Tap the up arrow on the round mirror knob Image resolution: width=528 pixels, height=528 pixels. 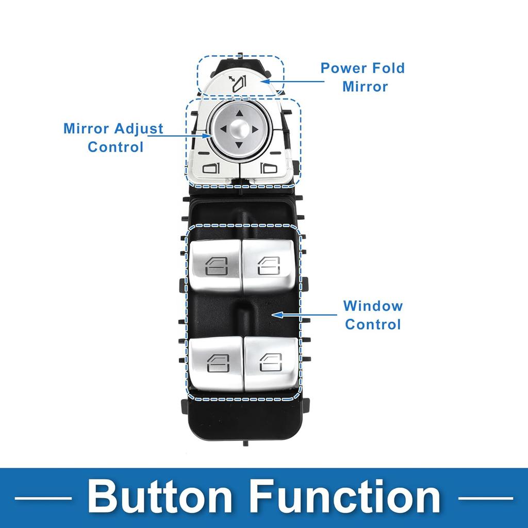pos(239,113)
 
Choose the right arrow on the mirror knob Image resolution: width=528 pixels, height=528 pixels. pos(255,129)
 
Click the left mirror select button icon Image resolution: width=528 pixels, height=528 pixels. pos(210,168)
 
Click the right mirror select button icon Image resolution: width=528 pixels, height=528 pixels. pos(269,168)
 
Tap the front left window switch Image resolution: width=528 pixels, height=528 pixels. pos(215,266)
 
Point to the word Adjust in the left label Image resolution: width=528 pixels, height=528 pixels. pos(139,129)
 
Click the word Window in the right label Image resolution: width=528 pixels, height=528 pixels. pos(373,306)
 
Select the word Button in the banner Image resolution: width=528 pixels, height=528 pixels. pos(160,496)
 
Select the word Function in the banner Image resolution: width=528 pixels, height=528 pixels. pos(345,496)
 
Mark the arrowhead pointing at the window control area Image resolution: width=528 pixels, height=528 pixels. pos(276,315)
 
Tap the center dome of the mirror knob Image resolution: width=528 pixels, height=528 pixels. pos(239,128)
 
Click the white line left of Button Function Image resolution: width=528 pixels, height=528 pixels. pos(43,498)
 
